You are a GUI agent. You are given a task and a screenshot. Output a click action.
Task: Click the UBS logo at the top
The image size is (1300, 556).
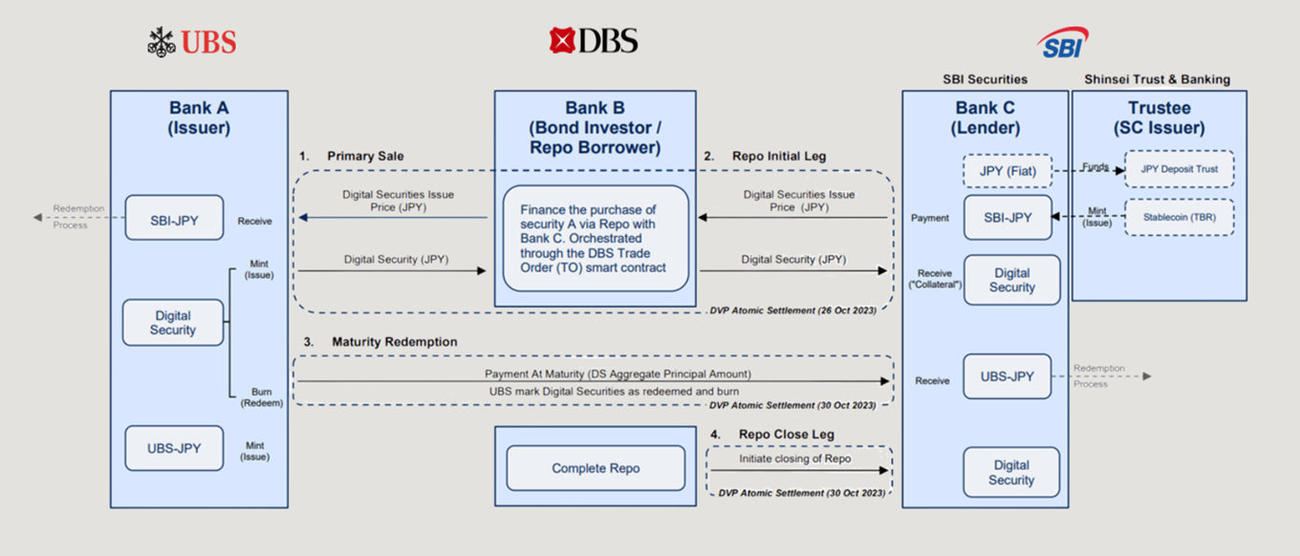192,41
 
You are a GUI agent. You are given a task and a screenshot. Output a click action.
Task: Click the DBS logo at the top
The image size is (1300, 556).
593,40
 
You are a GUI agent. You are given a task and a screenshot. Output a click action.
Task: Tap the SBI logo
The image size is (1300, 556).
1062,44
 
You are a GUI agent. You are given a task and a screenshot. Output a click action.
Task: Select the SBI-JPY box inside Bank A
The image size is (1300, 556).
174,220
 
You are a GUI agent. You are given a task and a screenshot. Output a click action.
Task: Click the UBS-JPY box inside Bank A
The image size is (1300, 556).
174,448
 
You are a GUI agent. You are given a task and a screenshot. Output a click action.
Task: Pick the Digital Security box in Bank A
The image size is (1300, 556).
173,323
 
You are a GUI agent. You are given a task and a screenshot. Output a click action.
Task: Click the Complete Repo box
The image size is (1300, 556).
596,468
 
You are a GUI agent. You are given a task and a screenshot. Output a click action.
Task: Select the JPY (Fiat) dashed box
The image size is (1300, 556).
1011,171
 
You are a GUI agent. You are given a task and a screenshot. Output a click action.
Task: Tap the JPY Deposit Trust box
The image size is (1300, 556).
1179,168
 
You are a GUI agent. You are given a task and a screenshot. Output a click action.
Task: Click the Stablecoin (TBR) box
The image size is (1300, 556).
1179,217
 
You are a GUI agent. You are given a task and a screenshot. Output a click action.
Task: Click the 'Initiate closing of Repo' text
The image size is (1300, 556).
795,459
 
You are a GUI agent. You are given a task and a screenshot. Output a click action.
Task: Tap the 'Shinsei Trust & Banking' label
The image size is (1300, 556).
1158,79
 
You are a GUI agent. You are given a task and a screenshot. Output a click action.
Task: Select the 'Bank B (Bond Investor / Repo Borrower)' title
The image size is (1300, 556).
595,128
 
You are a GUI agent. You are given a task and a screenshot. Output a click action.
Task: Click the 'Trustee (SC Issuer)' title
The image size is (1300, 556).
1159,118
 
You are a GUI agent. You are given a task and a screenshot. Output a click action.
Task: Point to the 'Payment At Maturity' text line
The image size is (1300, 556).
591,374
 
